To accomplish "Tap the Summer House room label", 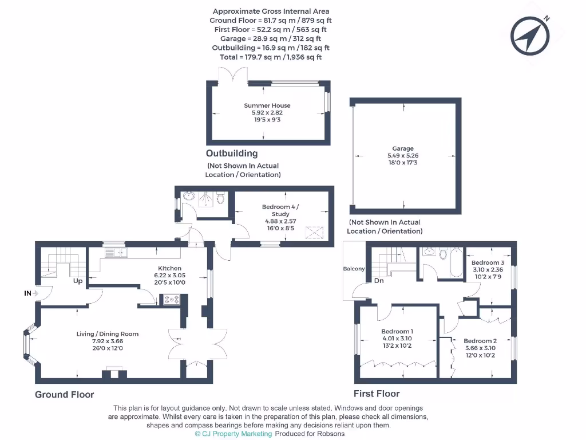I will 267,105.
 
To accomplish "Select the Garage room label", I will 403,148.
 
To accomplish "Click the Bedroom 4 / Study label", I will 280,210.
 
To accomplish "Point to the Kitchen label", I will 170,268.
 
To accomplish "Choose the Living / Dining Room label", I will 108,334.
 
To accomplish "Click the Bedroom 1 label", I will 397,332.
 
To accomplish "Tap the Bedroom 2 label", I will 480,341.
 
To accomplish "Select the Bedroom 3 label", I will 488,262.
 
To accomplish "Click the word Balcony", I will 354,269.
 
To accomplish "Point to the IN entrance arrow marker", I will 31,293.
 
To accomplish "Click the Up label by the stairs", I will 77,281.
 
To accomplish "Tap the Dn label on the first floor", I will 379,281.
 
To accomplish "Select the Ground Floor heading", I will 65,394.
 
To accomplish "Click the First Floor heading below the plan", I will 377,394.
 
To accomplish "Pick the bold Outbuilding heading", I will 232,154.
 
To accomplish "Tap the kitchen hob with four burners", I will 172,298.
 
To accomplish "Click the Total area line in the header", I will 270,57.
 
